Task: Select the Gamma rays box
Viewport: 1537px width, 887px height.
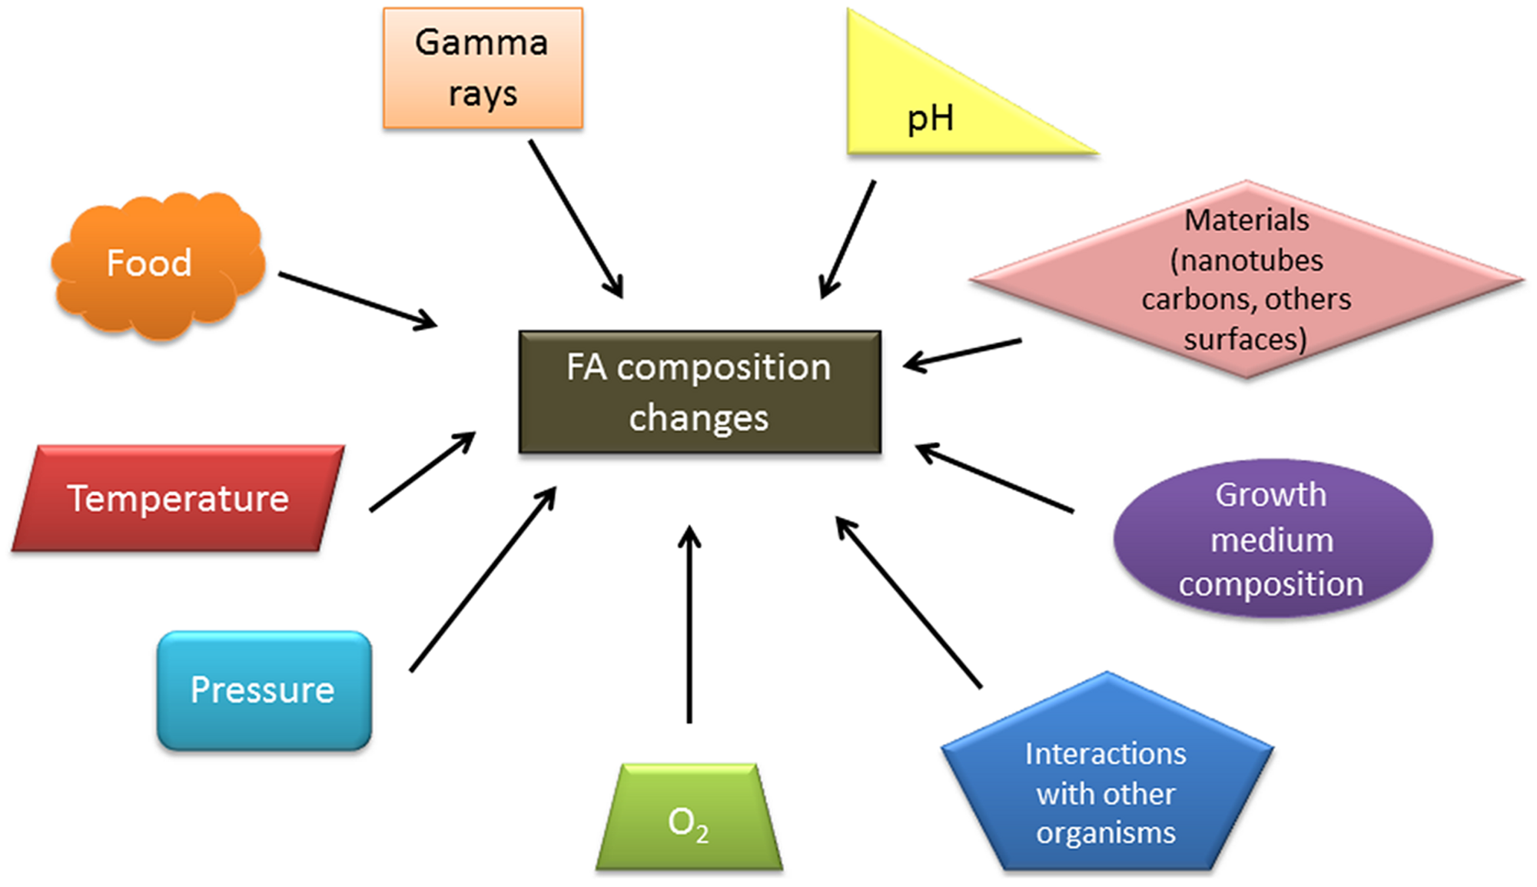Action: tap(483, 68)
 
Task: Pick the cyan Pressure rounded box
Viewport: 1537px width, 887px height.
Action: tap(264, 689)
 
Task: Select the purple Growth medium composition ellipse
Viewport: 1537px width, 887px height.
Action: tap(1272, 539)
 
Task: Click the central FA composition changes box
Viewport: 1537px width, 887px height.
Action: tap(699, 392)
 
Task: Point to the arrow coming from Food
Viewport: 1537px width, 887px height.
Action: tap(357, 301)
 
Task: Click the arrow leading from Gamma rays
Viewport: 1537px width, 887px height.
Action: tap(576, 218)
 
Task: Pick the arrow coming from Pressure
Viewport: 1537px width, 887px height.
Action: tap(483, 579)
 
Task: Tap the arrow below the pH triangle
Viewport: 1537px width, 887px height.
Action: tap(848, 239)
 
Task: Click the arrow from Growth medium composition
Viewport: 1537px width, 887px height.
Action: tap(994, 477)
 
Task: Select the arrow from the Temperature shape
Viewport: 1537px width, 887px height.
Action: tap(422, 472)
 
